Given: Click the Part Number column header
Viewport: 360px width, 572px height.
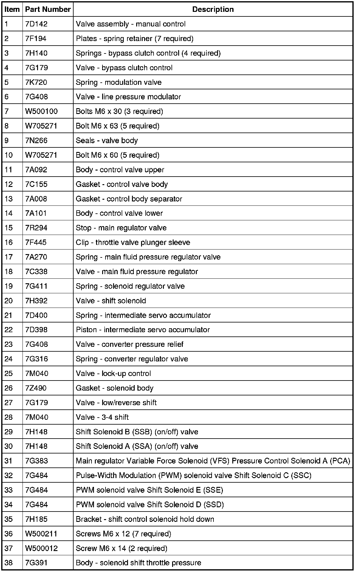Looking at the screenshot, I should [x=48, y=9].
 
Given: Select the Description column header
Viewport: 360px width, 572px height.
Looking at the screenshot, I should [x=213, y=9].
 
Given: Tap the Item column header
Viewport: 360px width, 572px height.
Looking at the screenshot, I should [x=12, y=9].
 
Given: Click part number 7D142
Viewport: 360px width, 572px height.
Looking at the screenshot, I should [x=36, y=24].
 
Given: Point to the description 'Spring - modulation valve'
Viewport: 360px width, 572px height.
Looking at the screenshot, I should [x=119, y=82].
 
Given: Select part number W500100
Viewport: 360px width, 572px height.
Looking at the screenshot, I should [x=41, y=111].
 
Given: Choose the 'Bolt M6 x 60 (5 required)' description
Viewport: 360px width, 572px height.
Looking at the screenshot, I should [x=117, y=155].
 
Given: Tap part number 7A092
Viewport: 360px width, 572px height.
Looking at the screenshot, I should [x=36, y=170].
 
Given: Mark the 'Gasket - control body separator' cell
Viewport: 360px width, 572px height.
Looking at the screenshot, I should [x=129, y=199].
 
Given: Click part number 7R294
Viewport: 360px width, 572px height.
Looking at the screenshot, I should [x=36, y=228].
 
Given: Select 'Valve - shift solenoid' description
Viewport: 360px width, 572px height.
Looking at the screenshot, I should [x=111, y=301].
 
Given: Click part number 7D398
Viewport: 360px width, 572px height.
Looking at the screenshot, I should [x=36, y=330].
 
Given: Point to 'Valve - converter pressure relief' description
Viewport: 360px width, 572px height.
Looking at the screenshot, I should [x=130, y=344].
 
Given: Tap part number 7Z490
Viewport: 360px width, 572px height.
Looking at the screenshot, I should [x=36, y=388].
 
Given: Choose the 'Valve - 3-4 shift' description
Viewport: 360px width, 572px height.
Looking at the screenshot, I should [x=102, y=417].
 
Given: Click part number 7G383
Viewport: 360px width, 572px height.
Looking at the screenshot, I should [x=36, y=461].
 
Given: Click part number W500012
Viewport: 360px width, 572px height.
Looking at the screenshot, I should [x=41, y=548].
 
